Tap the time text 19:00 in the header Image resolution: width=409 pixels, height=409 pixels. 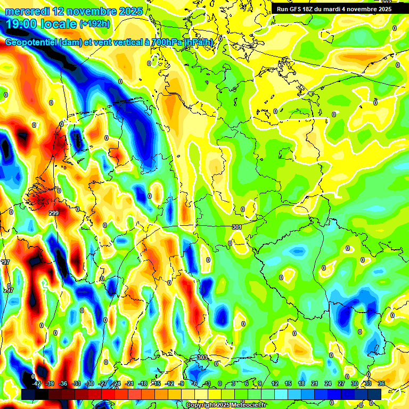point(21,24)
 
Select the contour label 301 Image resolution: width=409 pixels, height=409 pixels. point(238,227)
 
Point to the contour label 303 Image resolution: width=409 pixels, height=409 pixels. point(202,357)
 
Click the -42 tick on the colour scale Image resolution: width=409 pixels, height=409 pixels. point(37,383)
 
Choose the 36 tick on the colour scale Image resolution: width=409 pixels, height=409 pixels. point(381,383)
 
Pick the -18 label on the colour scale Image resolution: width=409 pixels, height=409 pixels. point(142,383)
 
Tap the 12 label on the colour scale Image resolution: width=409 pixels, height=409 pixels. point(274,383)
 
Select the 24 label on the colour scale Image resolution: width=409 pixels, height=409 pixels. point(328,383)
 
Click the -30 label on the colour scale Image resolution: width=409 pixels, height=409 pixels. point(89,383)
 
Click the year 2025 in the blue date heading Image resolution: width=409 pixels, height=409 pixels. point(127,11)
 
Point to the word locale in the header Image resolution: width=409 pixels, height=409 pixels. point(60,24)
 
